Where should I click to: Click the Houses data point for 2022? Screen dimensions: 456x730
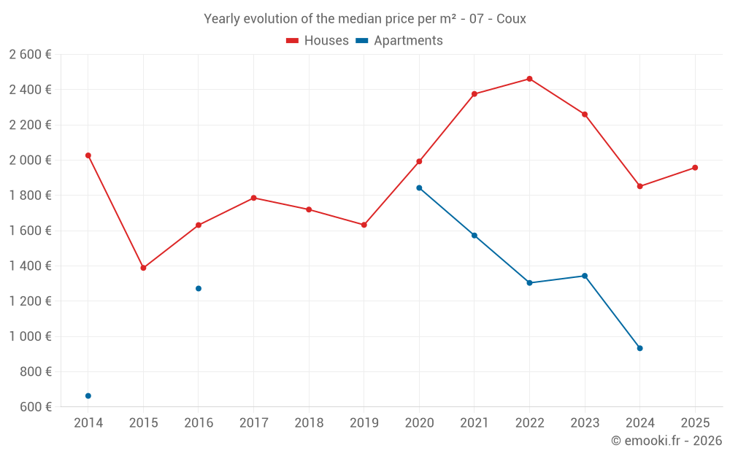529,79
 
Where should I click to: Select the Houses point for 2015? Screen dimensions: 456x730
143,268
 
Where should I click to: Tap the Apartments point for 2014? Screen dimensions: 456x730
88,395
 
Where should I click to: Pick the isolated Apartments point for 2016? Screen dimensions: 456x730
199,288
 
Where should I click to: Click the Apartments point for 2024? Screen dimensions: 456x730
639,348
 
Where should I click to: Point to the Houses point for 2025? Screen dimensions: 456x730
695,168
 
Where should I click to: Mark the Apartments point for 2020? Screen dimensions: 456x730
419,188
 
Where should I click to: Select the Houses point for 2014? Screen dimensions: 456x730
88,155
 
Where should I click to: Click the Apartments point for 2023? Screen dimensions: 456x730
585,276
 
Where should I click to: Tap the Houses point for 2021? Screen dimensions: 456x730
474,94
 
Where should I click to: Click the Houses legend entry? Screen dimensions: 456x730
318,41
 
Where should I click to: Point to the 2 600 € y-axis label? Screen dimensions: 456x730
30,55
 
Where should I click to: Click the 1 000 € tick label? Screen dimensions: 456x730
30,336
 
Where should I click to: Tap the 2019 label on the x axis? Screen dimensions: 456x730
364,422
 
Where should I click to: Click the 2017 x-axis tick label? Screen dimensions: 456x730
253,422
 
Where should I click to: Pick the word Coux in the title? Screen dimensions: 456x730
511,19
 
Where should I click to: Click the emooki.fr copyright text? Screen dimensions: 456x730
666,441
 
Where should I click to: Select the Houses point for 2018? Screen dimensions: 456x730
309,209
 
